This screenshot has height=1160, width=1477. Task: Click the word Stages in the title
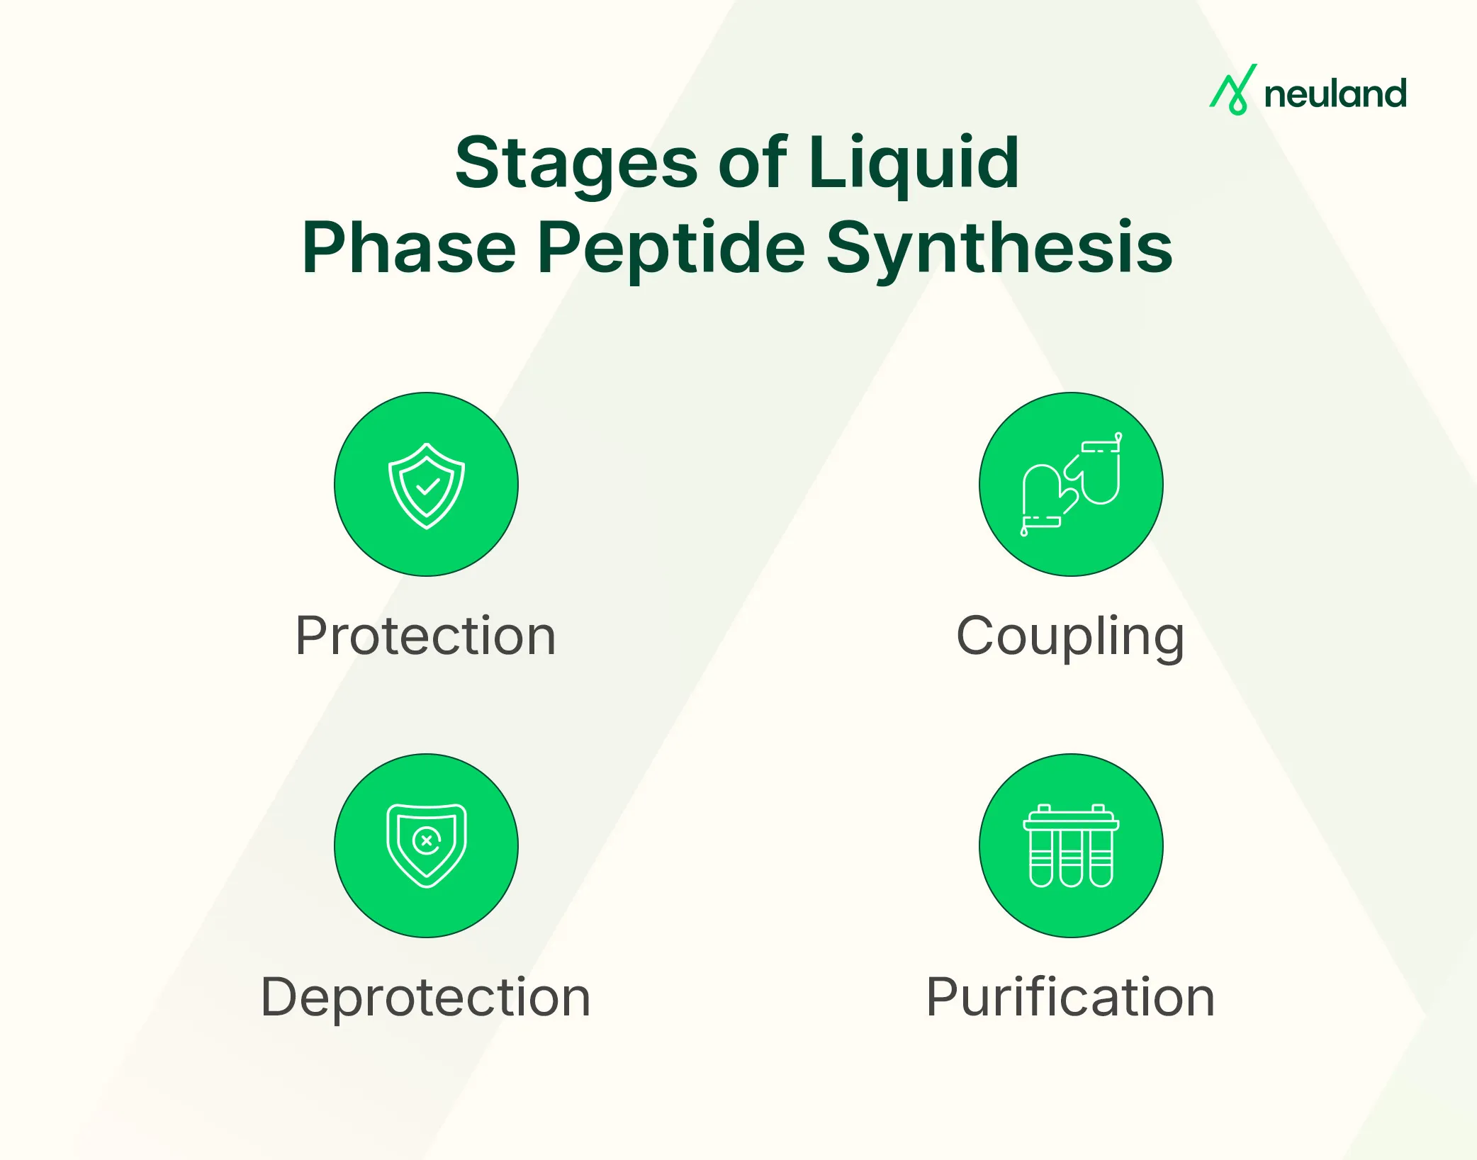pos(575,164)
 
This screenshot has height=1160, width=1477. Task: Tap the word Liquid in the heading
pos(913,164)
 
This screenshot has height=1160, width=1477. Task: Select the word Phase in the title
pos(409,248)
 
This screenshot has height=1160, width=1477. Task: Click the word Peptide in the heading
pos(671,248)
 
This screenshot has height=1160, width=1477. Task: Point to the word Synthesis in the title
pos(999,248)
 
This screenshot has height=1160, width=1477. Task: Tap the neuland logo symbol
pos(1233,90)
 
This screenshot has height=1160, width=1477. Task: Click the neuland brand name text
pos(1335,94)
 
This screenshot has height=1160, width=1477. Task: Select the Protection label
pos(425,636)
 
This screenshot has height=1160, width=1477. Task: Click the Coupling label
pos(1070,637)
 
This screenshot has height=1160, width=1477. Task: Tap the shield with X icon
pos(426,845)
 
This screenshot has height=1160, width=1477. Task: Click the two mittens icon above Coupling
pos(1071,485)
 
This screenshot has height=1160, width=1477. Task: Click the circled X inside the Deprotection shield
pos(427,841)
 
